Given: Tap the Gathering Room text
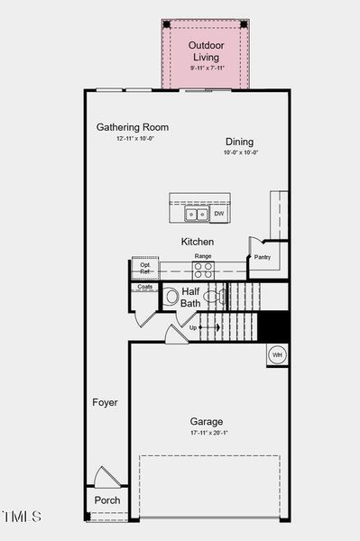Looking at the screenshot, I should pyautogui.click(x=133, y=127).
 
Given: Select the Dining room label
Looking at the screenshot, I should pyautogui.click(x=240, y=142).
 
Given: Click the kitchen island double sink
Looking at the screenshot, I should pyautogui.click(x=196, y=214).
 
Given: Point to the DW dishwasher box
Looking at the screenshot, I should pyautogui.click(x=219, y=214).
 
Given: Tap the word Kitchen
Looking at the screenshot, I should pyautogui.click(x=198, y=242).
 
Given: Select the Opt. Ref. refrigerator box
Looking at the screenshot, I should pyautogui.click(x=145, y=268).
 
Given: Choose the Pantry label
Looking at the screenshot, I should pyautogui.click(x=263, y=257).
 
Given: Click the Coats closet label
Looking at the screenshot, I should pyautogui.click(x=144, y=287).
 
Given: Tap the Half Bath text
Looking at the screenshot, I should pyautogui.click(x=190, y=298).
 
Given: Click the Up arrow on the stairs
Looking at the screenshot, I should pyautogui.click(x=193, y=327).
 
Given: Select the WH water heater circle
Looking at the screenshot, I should pyautogui.click(x=278, y=354).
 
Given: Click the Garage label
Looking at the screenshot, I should pyautogui.click(x=207, y=421).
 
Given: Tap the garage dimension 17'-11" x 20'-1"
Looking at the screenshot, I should pyautogui.click(x=207, y=434).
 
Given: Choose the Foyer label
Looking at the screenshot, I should pyautogui.click(x=105, y=402).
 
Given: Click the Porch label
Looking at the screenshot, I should pyautogui.click(x=107, y=500).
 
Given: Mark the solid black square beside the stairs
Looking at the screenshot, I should pyautogui.click(x=273, y=326).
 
